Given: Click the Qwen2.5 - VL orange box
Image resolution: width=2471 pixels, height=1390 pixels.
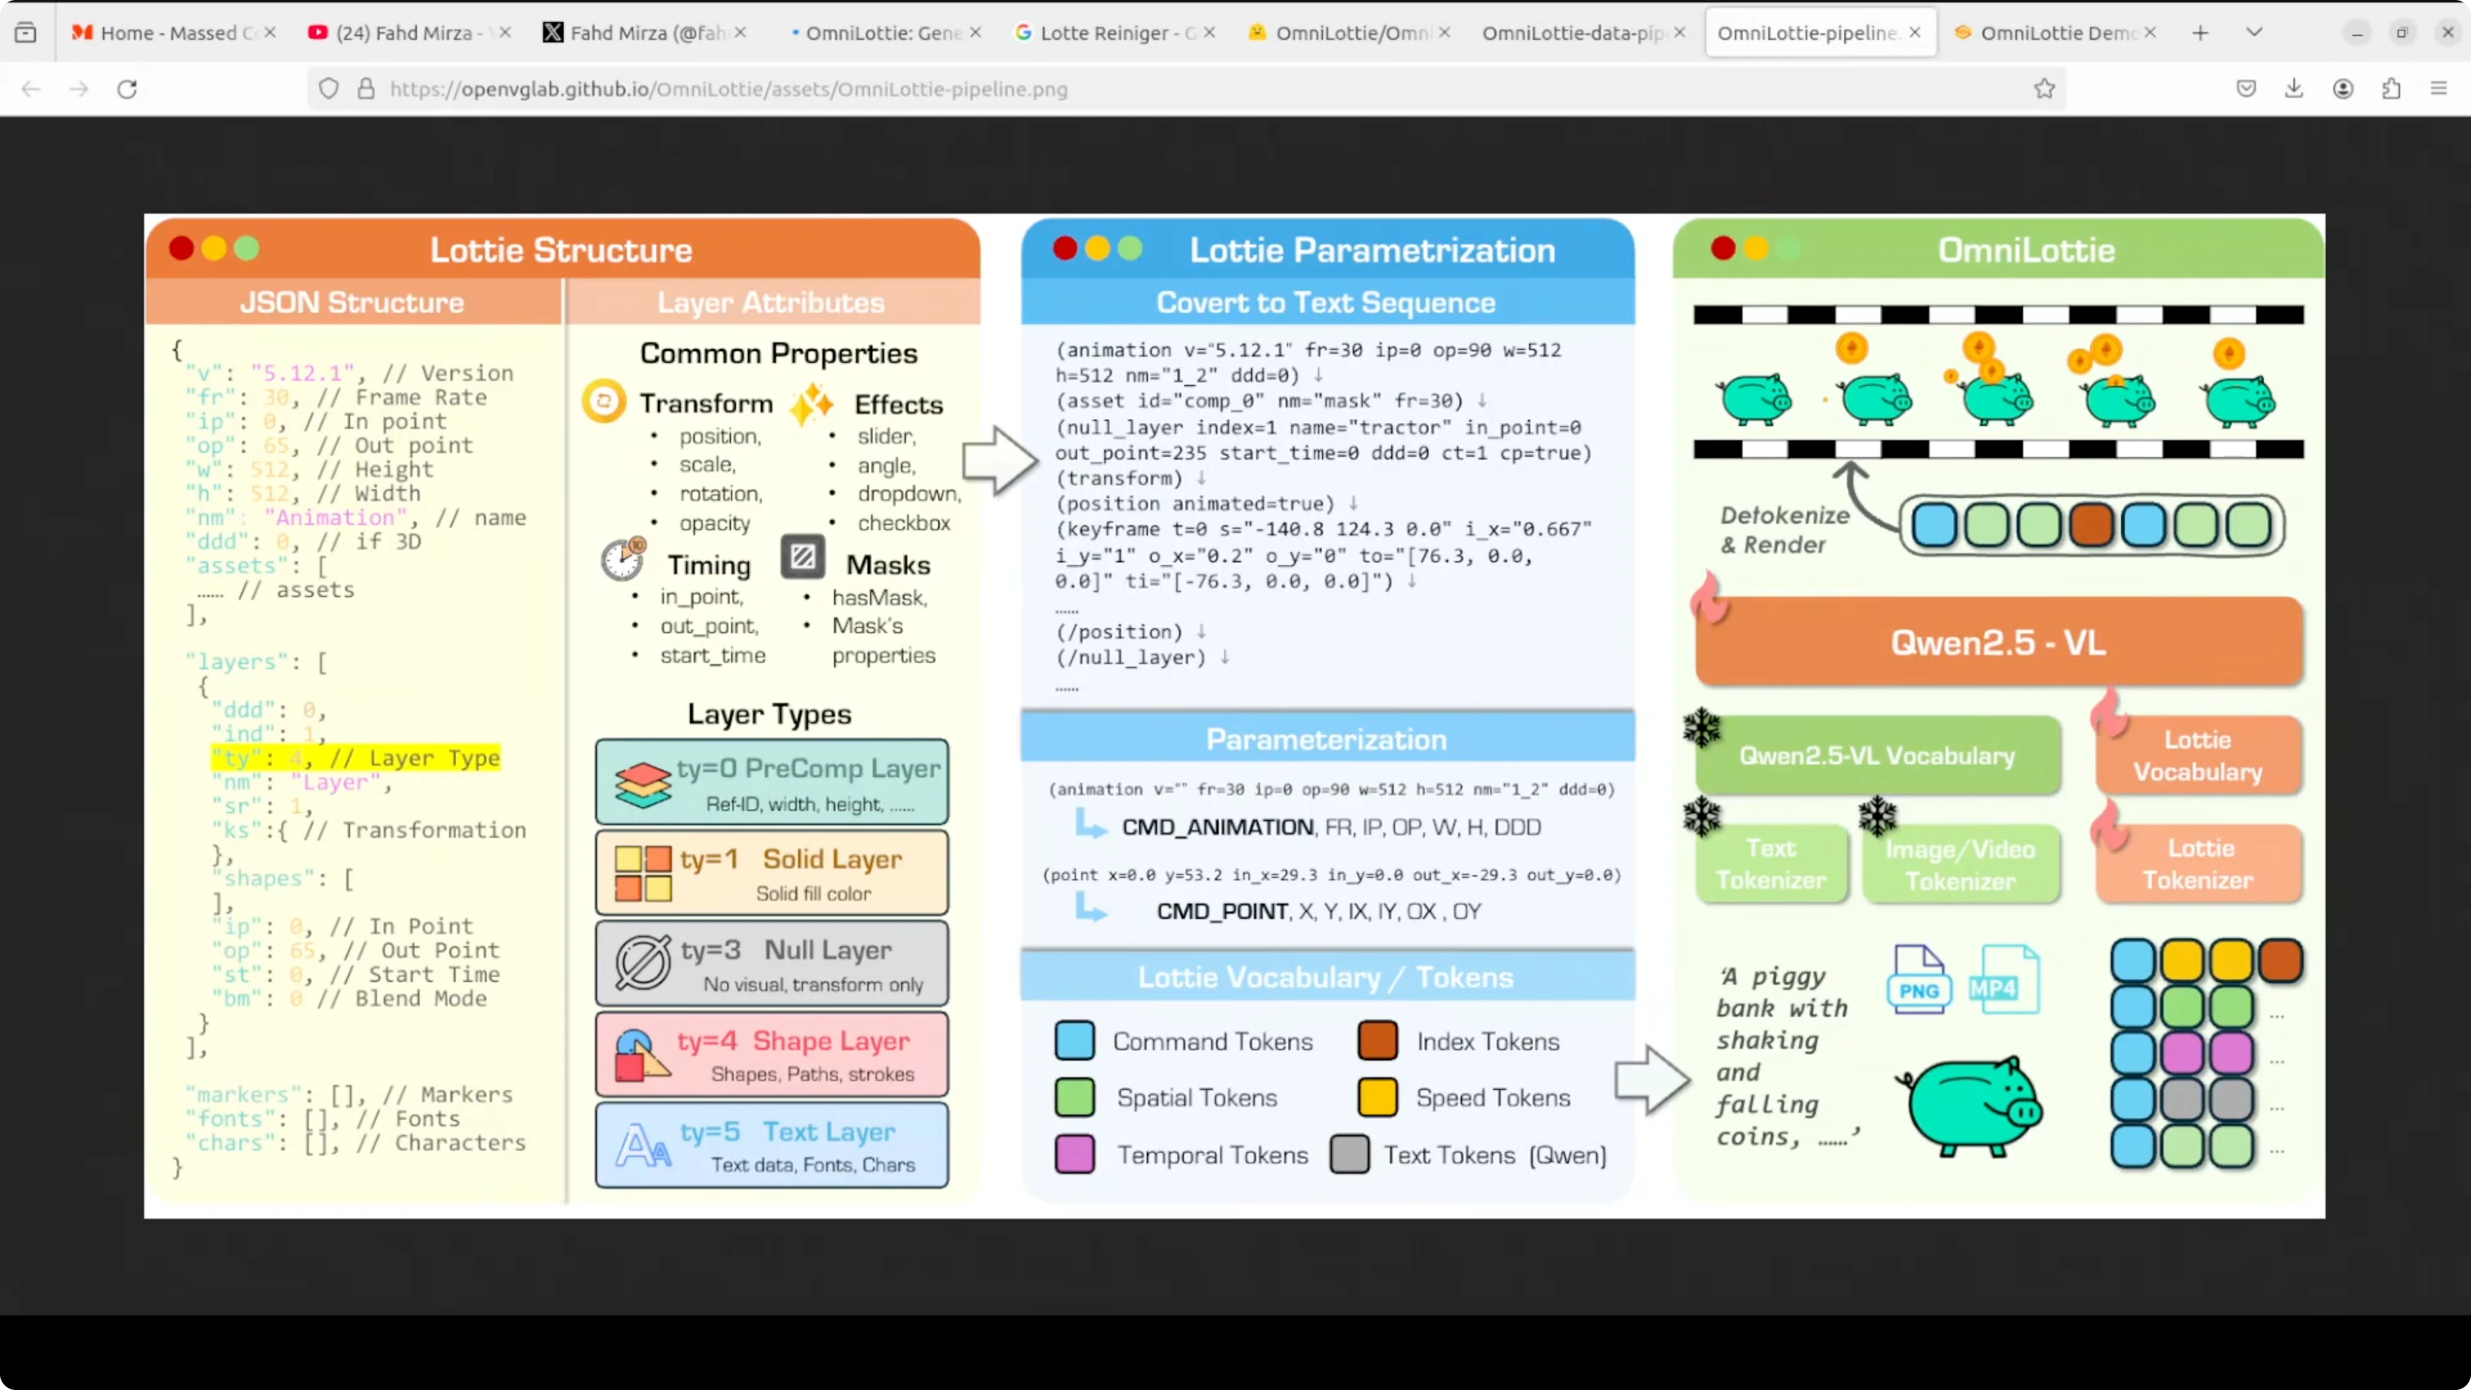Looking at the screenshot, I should click(1998, 642).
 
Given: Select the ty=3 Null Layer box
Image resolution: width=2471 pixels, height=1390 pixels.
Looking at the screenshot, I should click(772, 964).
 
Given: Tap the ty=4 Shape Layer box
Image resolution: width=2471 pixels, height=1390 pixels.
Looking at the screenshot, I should click(772, 1054).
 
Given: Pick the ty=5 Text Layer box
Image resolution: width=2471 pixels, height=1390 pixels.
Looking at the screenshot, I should click(772, 1146).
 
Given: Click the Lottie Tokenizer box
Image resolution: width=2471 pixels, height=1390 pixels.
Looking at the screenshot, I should click(2198, 864).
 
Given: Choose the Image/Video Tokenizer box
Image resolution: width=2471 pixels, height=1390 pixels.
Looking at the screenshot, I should click(1960, 864).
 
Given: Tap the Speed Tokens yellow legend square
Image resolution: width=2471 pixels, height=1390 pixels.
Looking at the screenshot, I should click(1377, 1097).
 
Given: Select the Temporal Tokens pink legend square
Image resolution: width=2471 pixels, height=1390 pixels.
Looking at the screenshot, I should click(1074, 1154).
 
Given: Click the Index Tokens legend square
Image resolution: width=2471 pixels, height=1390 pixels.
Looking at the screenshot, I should click(1377, 1041).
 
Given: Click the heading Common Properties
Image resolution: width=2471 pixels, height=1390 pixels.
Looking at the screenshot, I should click(778, 353).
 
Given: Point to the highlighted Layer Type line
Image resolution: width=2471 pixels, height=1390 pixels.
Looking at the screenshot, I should click(356, 758).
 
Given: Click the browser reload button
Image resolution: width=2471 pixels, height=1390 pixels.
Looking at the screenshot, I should click(127, 89).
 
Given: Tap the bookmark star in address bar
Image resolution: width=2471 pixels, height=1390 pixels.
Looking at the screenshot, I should click(2044, 89).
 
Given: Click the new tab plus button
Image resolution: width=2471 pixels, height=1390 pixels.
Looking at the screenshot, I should click(2200, 33).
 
